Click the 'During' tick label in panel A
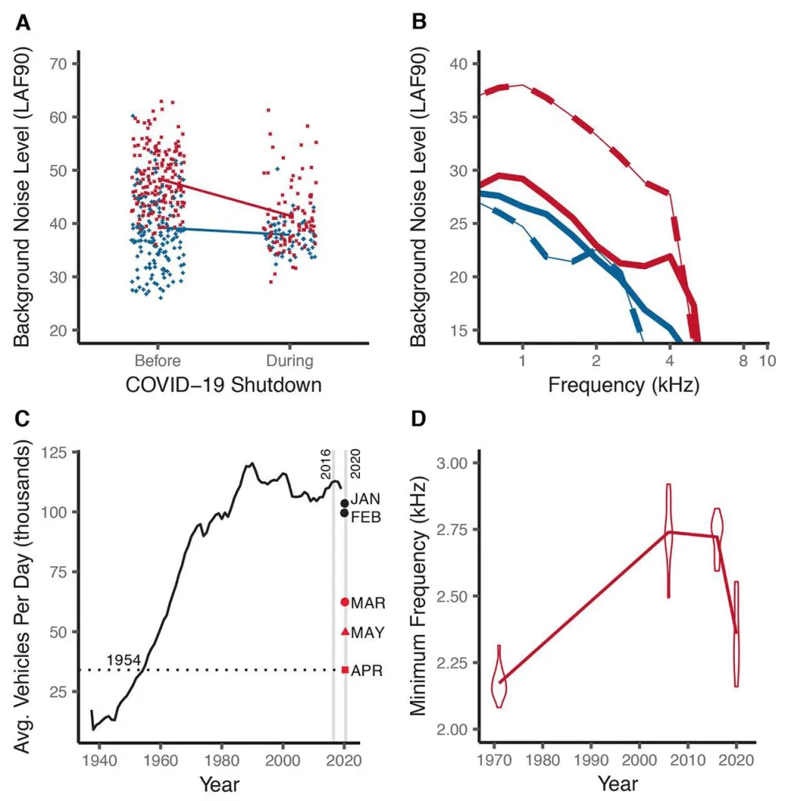coord(290,361)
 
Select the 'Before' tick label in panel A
coord(157,361)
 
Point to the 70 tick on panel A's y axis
coord(59,63)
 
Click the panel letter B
coord(419,23)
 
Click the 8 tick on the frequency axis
coord(744,361)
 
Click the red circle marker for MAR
coord(344,602)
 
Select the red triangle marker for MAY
coord(344,631)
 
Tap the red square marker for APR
coord(344,670)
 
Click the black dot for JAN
coord(344,503)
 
